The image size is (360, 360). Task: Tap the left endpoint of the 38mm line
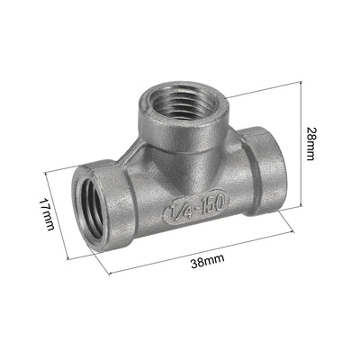pos(109,274)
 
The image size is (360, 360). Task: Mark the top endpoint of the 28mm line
pos(298,81)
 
